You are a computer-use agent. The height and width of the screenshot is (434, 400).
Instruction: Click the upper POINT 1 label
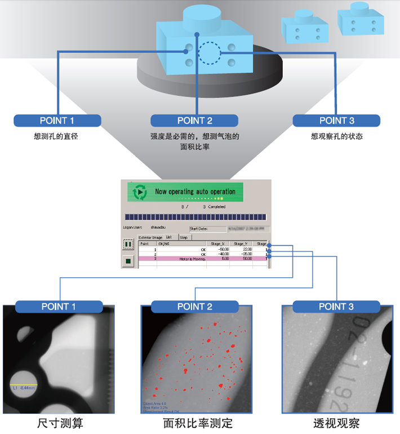[57, 120]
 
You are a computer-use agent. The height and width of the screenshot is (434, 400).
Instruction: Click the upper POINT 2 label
[194, 120]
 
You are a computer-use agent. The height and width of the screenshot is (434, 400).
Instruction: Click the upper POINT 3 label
[336, 120]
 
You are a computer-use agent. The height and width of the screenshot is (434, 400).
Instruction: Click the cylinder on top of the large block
[203, 19]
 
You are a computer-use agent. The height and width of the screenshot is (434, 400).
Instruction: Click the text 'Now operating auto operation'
[195, 192]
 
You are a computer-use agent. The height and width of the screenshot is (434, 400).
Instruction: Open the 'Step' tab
[184, 237]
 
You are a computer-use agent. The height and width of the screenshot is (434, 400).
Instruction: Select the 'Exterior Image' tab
[150, 237]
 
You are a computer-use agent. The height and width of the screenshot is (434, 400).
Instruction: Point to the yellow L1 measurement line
[22, 384]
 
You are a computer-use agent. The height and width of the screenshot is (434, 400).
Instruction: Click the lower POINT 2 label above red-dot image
[194, 307]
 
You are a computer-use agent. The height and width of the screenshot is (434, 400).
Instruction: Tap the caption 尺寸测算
[58, 423]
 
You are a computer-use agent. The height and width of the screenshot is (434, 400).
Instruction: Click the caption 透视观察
[336, 423]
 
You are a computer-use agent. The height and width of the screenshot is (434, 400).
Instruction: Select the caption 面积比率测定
[197, 423]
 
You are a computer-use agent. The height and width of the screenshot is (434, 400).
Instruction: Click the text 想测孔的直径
[57, 136]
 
